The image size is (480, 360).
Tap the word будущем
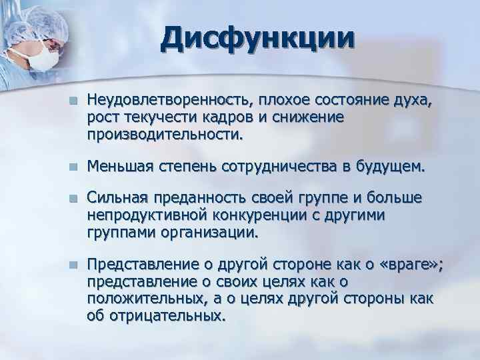click(390, 165)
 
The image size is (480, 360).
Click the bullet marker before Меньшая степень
click(77, 165)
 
